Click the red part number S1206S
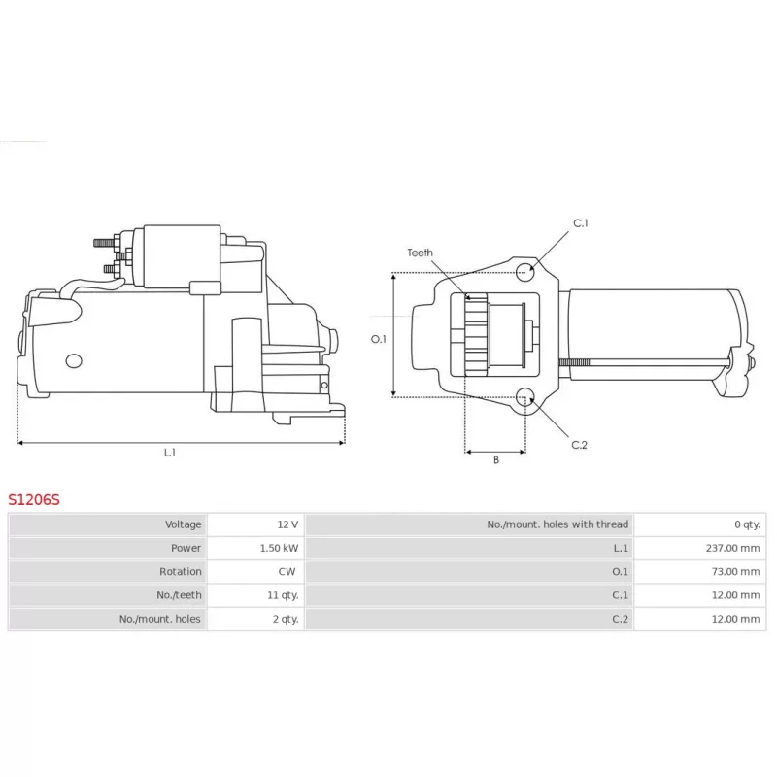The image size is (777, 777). click(x=34, y=499)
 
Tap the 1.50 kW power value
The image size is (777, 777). click(x=279, y=548)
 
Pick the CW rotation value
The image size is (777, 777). click(x=287, y=571)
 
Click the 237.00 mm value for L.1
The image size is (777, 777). click(x=732, y=548)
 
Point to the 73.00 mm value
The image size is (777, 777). click(x=735, y=571)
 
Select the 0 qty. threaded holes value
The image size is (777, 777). click(x=747, y=524)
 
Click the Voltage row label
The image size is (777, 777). click(x=183, y=524)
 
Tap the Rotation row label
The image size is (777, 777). click(x=181, y=571)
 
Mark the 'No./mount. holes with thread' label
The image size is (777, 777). click(x=557, y=524)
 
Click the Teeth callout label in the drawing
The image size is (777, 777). click(x=420, y=253)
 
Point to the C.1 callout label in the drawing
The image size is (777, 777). click(x=580, y=223)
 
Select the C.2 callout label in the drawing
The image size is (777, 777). click(x=579, y=445)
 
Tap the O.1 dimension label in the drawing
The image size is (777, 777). click(x=379, y=339)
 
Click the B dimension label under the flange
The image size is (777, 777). click(x=496, y=459)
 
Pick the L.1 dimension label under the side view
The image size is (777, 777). click(x=169, y=453)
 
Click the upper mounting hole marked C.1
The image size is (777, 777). click(x=524, y=272)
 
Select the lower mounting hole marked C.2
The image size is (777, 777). click(x=524, y=397)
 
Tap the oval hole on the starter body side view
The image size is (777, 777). click(x=74, y=360)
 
